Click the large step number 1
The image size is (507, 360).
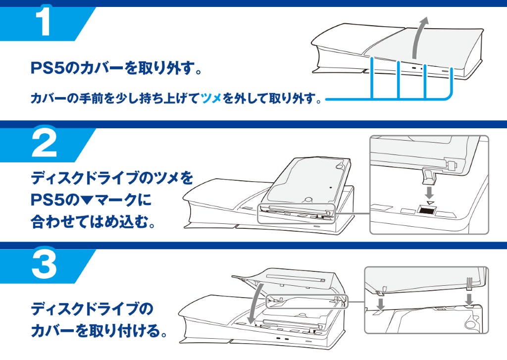click(x=45, y=21)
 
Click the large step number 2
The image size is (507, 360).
click(x=44, y=144)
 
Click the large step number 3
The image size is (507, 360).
click(x=44, y=265)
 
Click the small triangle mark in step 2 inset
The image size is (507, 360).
click(x=429, y=202)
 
